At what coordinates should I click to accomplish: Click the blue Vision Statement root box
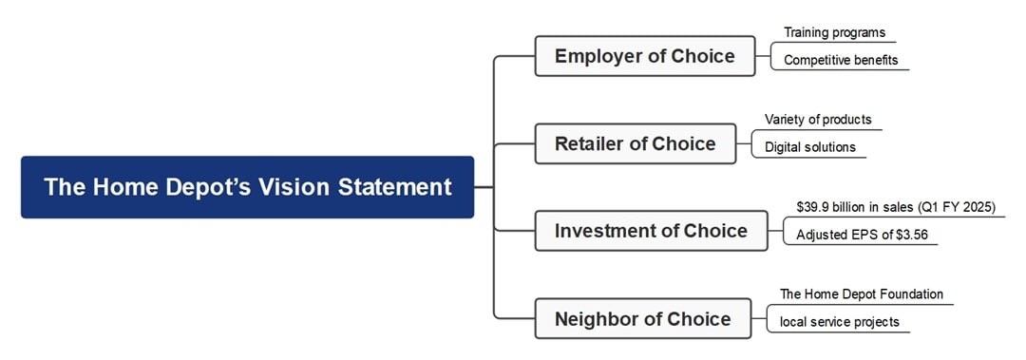tap(247, 187)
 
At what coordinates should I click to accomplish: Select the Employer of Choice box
tap(644, 56)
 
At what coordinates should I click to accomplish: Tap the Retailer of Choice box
tap(635, 143)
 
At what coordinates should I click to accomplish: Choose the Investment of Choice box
tap(651, 231)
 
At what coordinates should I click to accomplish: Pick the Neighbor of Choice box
tap(642, 318)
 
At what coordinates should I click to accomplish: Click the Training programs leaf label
tap(834, 32)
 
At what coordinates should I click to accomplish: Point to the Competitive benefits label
tap(840, 60)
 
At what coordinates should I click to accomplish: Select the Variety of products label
tap(818, 120)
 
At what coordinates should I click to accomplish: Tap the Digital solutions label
tap(810, 147)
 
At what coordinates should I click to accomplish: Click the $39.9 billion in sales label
tap(895, 207)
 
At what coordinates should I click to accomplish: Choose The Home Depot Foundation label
tap(862, 294)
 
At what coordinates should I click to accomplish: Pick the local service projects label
tap(839, 322)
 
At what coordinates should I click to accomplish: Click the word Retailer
tap(589, 143)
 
